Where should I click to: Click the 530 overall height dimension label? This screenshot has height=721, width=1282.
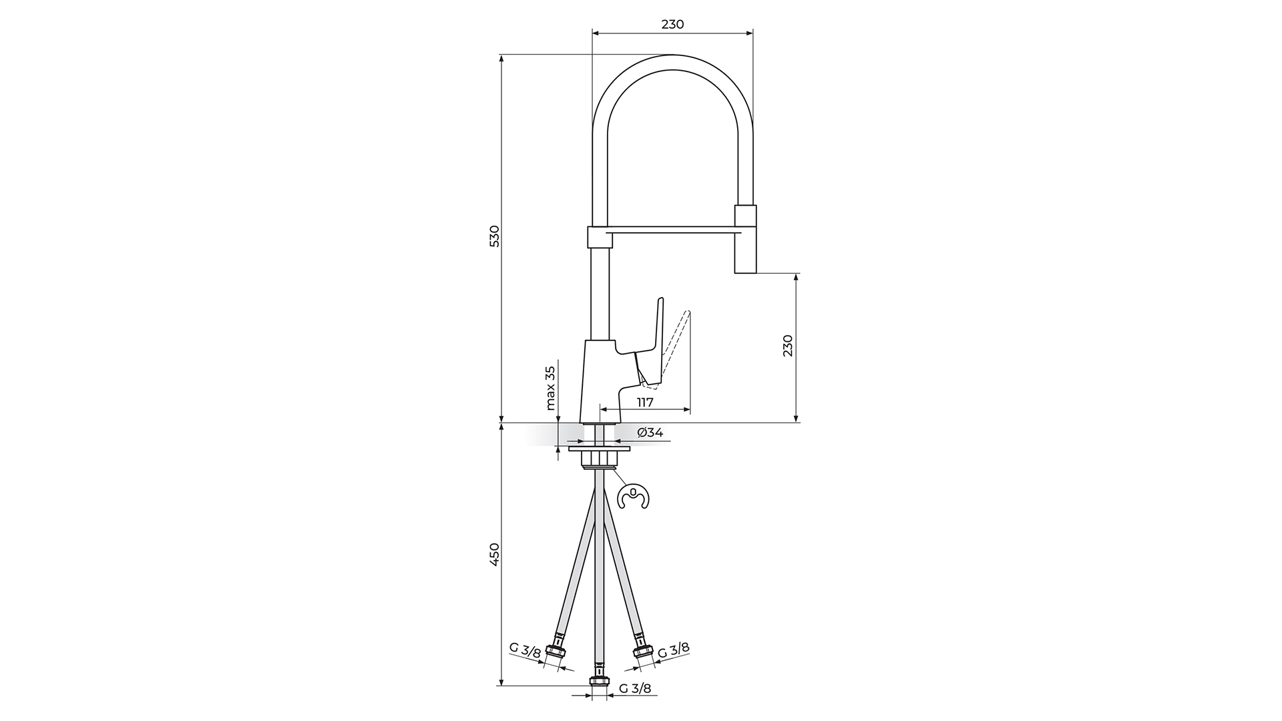[x=494, y=236]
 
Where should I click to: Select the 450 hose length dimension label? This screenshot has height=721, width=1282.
[x=494, y=555]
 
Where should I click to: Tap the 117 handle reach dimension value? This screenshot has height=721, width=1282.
[x=644, y=403]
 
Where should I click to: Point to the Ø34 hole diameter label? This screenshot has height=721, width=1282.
[x=650, y=433]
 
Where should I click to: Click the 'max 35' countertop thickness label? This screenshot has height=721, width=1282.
[x=550, y=388]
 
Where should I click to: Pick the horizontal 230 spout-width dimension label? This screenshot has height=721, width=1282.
[x=672, y=25]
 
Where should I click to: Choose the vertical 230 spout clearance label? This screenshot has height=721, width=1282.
[x=788, y=346]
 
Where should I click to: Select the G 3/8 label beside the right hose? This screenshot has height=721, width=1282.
[x=674, y=650]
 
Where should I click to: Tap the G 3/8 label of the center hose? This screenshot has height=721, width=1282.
[x=634, y=688]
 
